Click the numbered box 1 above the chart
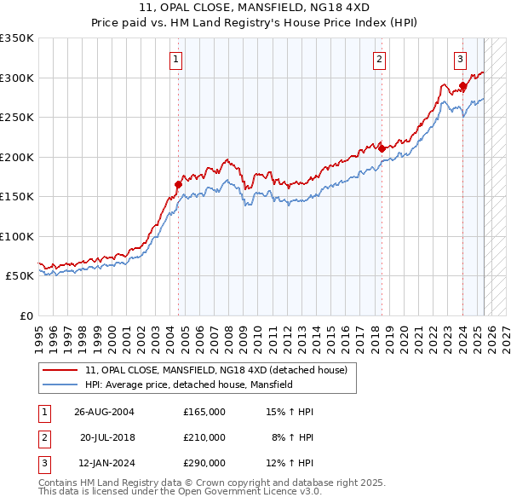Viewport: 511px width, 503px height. point(175,60)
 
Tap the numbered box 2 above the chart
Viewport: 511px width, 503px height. point(379,60)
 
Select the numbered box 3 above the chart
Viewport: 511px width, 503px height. point(460,60)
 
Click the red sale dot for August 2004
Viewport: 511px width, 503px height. point(179,184)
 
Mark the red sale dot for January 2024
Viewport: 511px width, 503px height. point(463,85)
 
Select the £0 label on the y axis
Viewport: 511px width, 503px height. point(26,315)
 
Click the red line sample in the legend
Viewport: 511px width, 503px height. point(60,371)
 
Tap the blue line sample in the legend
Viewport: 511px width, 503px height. point(60,385)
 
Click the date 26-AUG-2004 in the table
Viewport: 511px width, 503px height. point(104,412)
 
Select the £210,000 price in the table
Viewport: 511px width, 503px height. point(204,437)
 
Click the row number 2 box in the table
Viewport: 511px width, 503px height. point(44,437)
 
